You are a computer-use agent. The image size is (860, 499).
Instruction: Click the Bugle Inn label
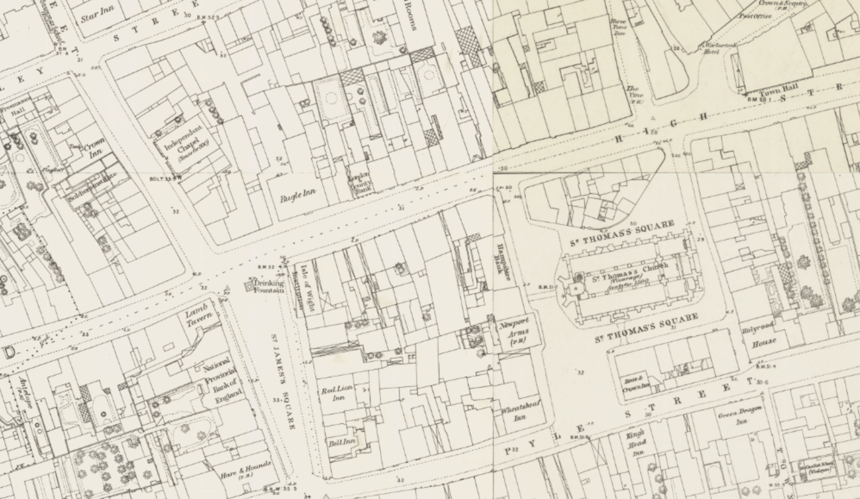click(x=298, y=195)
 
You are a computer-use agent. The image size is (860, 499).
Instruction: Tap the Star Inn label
click(x=94, y=15)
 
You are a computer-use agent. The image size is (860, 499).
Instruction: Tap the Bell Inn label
click(x=342, y=442)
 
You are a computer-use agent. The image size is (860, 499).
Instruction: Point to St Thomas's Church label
click(x=630, y=274)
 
